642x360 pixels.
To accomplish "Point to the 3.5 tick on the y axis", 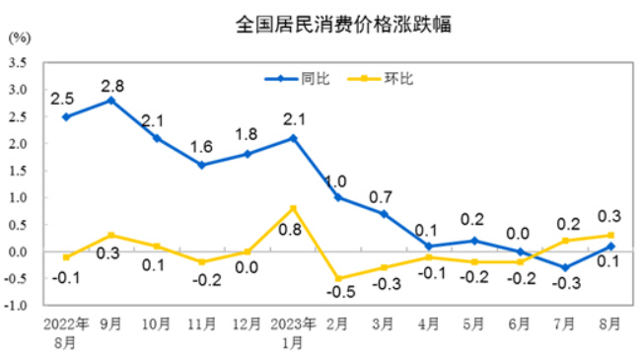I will pyautogui.click(x=17, y=62).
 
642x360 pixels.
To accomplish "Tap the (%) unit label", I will pyautogui.click(x=18, y=39).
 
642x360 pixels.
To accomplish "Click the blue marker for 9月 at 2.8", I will pyautogui.click(x=111, y=100).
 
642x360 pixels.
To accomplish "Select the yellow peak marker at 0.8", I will pyautogui.click(x=293, y=208).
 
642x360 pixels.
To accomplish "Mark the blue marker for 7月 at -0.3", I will pyautogui.click(x=565, y=267).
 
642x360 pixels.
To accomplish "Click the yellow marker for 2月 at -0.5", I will pyautogui.click(x=338, y=278).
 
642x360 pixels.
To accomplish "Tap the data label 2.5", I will pyautogui.click(x=64, y=98).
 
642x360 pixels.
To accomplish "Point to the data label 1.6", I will pyautogui.click(x=201, y=147).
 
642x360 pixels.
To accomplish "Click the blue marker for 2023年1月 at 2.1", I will pyautogui.click(x=293, y=138).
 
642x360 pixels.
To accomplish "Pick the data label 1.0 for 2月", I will pyautogui.click(x=336, y=180).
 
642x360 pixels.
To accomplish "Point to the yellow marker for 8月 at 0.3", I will pyautogui.click(x=610, y=235).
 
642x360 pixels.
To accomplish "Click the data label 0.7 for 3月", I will pyautogui.click(x=385, y=195).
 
